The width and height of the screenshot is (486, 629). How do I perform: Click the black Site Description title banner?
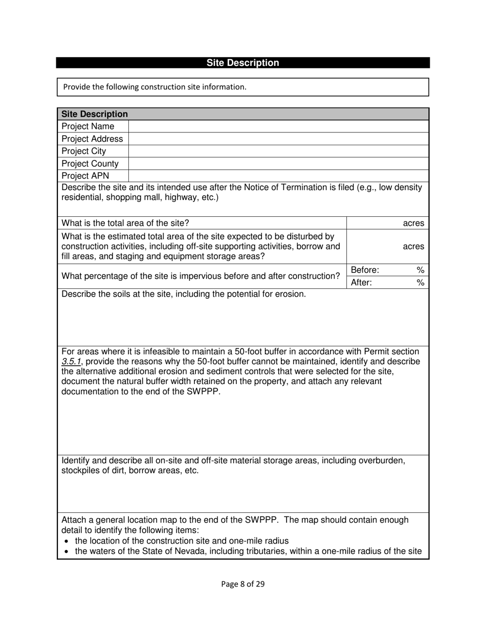(x=242, y=63)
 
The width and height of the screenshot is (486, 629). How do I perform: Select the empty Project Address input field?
(x=278, y=139)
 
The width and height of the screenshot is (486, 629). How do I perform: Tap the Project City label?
(x=84, y=151)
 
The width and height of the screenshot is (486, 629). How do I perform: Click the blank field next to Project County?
(x=278, y=164)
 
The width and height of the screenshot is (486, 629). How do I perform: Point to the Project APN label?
(x=85, y=176)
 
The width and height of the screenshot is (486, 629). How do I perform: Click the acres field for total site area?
(x=387, y=223)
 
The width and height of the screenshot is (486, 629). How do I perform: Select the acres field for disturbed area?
(x=387, y=246)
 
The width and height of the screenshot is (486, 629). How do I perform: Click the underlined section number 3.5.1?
(x=71, y=362)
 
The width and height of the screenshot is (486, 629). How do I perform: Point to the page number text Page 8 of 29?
(x=242, y=584)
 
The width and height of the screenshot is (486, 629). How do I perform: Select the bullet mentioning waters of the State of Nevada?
(x=248, y=551)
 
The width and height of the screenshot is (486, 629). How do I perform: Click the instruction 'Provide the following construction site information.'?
(x=154, y=87)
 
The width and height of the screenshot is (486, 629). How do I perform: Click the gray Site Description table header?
(x=242, y=114)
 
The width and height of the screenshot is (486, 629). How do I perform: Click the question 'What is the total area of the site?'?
(x=125, y=223)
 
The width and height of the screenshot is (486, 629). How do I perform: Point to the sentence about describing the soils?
(x=184, y=294)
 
